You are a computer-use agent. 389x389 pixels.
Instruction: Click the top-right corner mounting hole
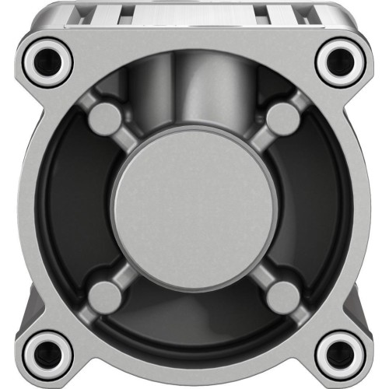point(341,61)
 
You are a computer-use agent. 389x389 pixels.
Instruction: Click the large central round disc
point(194,209)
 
